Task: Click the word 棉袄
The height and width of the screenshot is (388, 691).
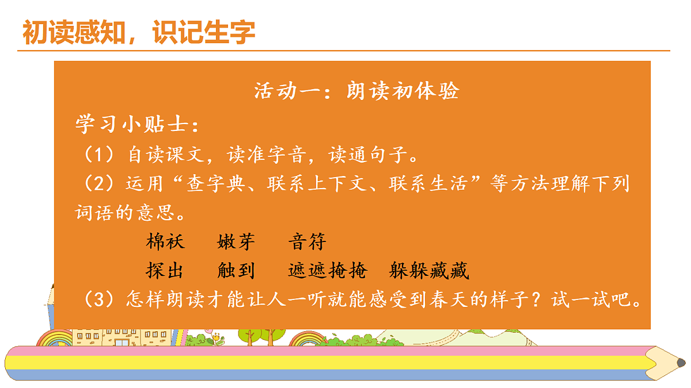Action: (166, 242)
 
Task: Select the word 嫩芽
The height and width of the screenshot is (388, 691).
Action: (236, 242)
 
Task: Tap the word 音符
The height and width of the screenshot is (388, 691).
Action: (307, 242)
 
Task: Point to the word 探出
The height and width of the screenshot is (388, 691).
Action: (166, 270)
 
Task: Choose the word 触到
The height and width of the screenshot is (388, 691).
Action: (236, 270)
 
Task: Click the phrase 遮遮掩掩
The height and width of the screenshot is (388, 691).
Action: (326, 270)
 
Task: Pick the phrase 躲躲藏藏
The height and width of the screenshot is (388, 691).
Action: (429, 270)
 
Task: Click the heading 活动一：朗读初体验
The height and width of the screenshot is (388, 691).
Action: (356, 91)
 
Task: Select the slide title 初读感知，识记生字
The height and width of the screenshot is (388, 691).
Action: (139, 33)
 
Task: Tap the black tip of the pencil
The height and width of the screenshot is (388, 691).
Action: (681, 363)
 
